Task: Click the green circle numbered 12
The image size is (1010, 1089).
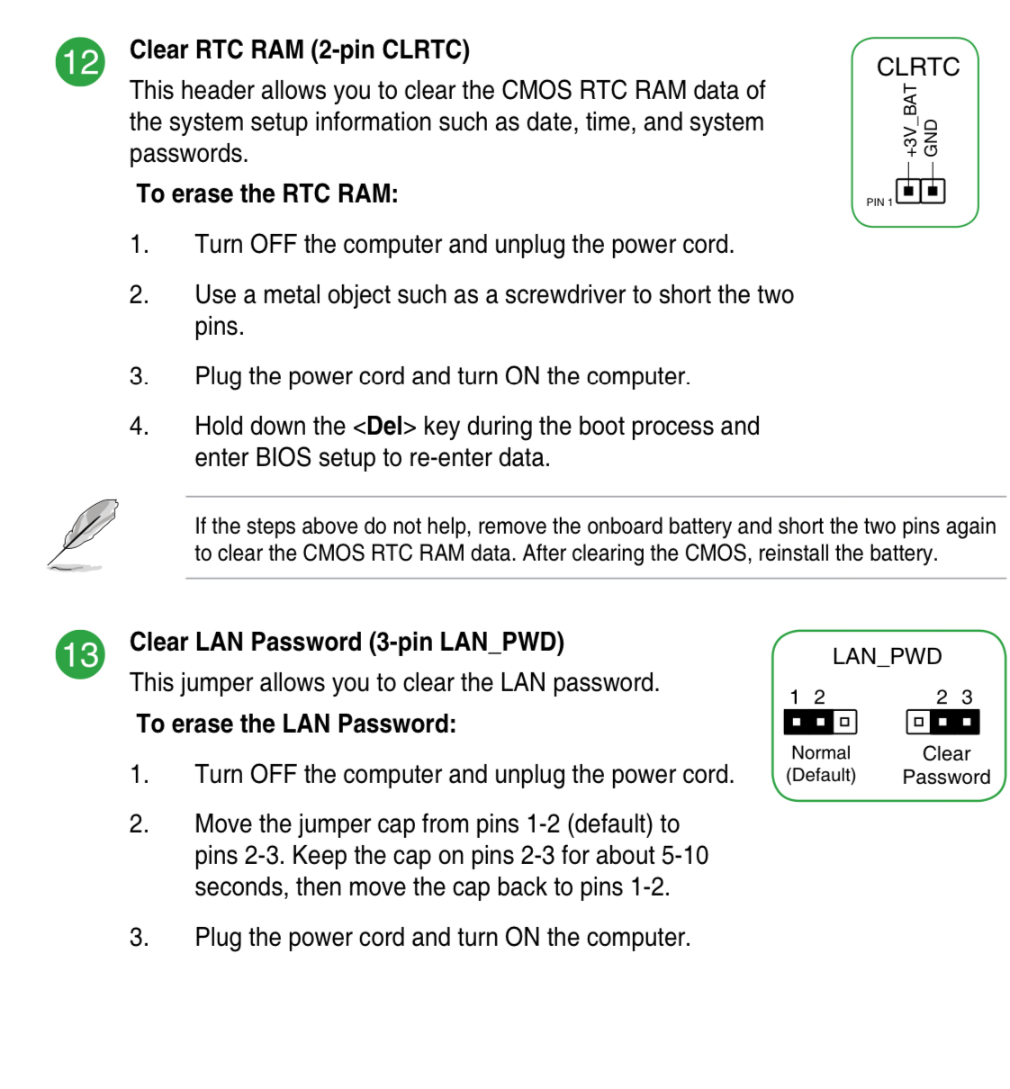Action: coord(81,62)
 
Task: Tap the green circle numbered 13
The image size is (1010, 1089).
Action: coord(81,654)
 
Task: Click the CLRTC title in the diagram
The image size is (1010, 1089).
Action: coord(917,67)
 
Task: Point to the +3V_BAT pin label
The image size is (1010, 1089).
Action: coord(910,121)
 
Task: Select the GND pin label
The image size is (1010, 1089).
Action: coord(932,137)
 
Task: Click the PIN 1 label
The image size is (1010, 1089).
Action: coord(879,202)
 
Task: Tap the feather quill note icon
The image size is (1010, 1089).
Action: coord(83,535)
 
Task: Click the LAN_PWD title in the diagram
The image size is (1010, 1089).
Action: coord(887,656)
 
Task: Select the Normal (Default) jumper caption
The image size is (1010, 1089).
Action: coord(820,764)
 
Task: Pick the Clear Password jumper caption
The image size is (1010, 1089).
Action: coord(946,765)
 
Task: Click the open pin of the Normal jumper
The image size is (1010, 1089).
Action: coord(844,722)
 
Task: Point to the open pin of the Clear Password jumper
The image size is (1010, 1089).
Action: coord(918,722)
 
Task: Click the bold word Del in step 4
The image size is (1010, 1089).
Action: coord(384,426)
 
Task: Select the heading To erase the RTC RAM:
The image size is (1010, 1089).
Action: coord(267,194)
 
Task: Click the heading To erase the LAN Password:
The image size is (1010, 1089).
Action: coord(296,724)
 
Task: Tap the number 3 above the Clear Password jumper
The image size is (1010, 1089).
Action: coord(967,697)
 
